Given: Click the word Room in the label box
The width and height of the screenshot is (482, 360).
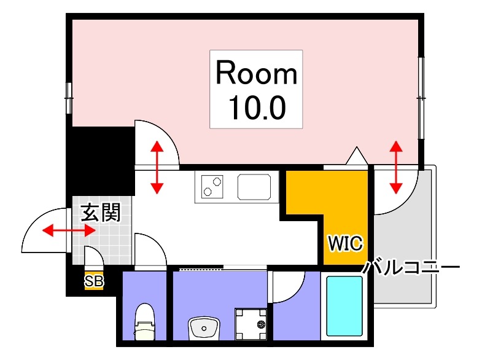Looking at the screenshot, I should pos(257,74).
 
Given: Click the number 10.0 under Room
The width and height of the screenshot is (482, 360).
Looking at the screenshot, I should pos(257,108).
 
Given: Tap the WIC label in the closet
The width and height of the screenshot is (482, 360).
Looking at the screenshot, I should pos(346,242).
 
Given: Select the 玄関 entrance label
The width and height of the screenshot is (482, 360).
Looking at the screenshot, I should pos(101,213).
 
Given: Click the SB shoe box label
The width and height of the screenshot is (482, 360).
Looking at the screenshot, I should pos(94,282).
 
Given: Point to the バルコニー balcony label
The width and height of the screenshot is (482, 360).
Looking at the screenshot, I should pos(411,268).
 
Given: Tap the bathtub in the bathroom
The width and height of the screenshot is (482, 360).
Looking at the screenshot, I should pos(344,305).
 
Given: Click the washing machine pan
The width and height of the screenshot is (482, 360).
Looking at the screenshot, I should pos(251,322).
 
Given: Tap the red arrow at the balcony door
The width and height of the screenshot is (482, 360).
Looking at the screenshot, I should pos(396,166).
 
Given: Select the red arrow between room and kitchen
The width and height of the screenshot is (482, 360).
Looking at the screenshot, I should pos(157,166).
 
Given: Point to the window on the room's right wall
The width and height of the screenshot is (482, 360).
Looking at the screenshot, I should pos(421,97).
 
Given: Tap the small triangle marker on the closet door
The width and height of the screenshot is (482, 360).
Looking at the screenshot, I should pos(356,156).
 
